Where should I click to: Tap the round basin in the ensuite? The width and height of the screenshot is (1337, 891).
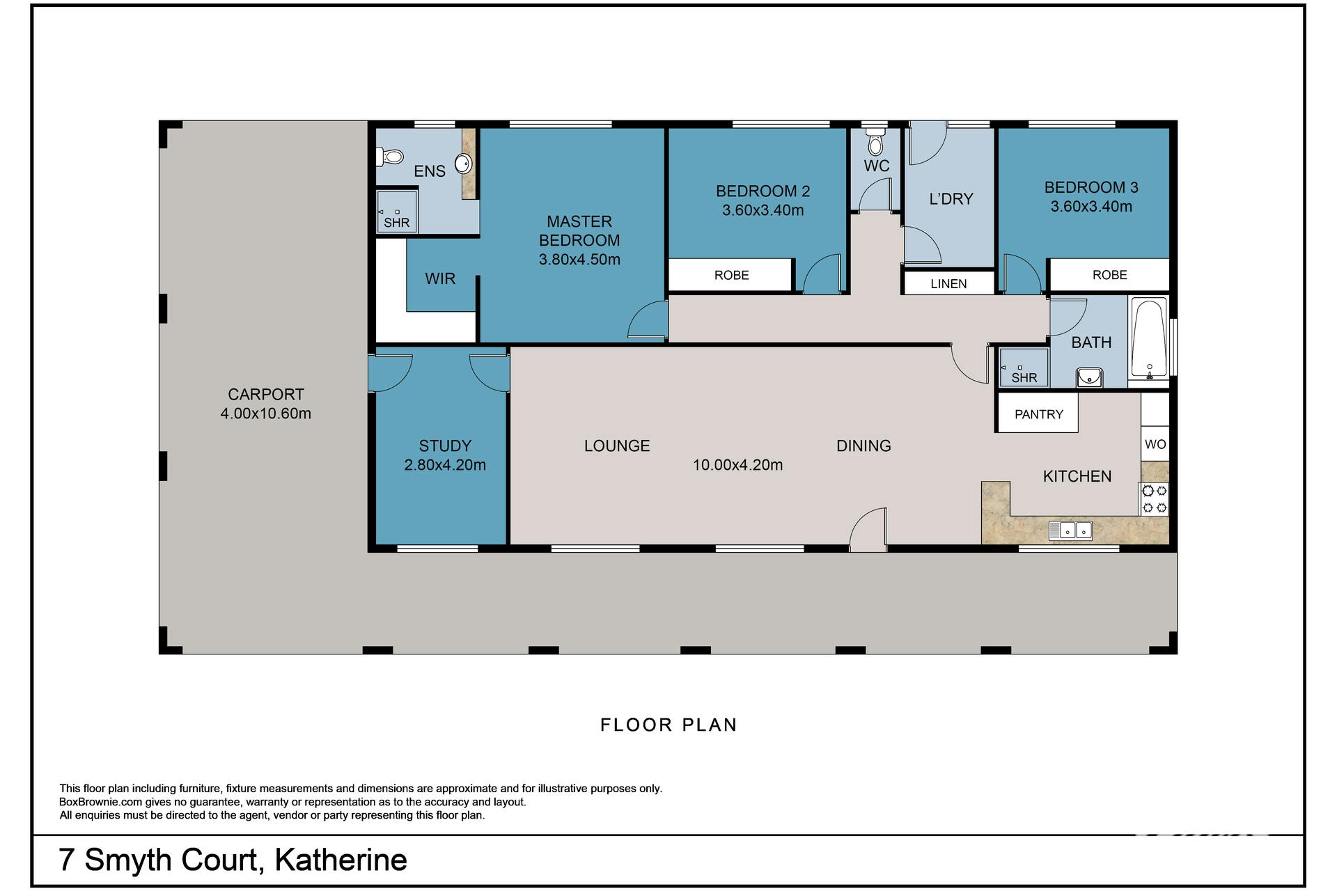tap(463, 164)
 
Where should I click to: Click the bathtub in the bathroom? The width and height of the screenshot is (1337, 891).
tap(1149, 338)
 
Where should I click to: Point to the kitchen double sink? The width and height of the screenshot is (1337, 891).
tap(1071, 530)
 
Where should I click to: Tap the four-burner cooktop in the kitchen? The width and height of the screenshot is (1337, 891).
tap(1154, 499)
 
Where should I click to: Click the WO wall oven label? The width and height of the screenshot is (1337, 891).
tap(1155, 444)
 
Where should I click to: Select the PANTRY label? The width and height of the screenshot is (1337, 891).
tap(1038, 414)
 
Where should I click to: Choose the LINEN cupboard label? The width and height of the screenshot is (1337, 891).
tap(948, 284)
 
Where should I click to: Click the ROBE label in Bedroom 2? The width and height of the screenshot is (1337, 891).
tap(731, 275)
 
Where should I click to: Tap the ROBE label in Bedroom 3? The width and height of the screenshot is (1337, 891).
tap(1109, 275)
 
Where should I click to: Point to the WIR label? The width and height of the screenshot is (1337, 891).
tap(440, 278)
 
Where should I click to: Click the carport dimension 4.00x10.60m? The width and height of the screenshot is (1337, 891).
tap(266, 413)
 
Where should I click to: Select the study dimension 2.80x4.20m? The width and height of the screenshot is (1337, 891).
tap(445, 465)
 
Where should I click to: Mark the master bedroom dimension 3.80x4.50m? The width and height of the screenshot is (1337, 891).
tap(579, 260)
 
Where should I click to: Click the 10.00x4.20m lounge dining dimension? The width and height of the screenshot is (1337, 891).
tap(737, 465)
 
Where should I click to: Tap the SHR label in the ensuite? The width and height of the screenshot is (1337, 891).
tap(397, 223)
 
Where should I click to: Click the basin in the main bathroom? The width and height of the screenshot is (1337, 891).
tap(1088, 377)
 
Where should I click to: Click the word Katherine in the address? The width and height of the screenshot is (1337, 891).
tap(341, 860)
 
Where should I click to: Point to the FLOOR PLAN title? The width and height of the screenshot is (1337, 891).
tap(668, 725)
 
